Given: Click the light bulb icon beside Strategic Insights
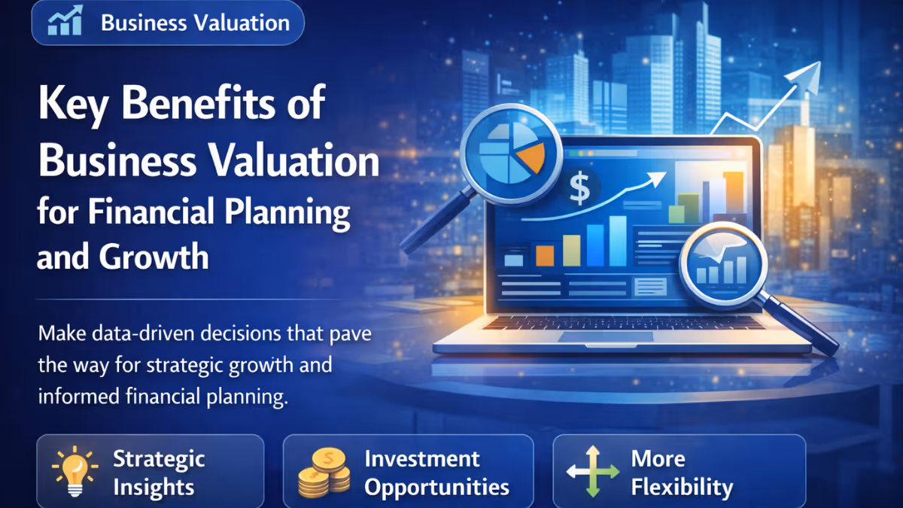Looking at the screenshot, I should click(74, 471).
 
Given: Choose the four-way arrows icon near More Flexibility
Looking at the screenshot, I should click(592, 472).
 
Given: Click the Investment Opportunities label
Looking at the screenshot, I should click(436, 473).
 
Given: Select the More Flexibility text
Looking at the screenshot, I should click(682, 473).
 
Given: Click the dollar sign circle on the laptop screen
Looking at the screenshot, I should click(580, 189).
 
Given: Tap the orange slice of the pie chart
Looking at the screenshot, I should click(533, 154).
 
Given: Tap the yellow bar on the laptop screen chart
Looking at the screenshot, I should click(572, 249).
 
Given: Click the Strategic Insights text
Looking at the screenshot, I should click(158, 473).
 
